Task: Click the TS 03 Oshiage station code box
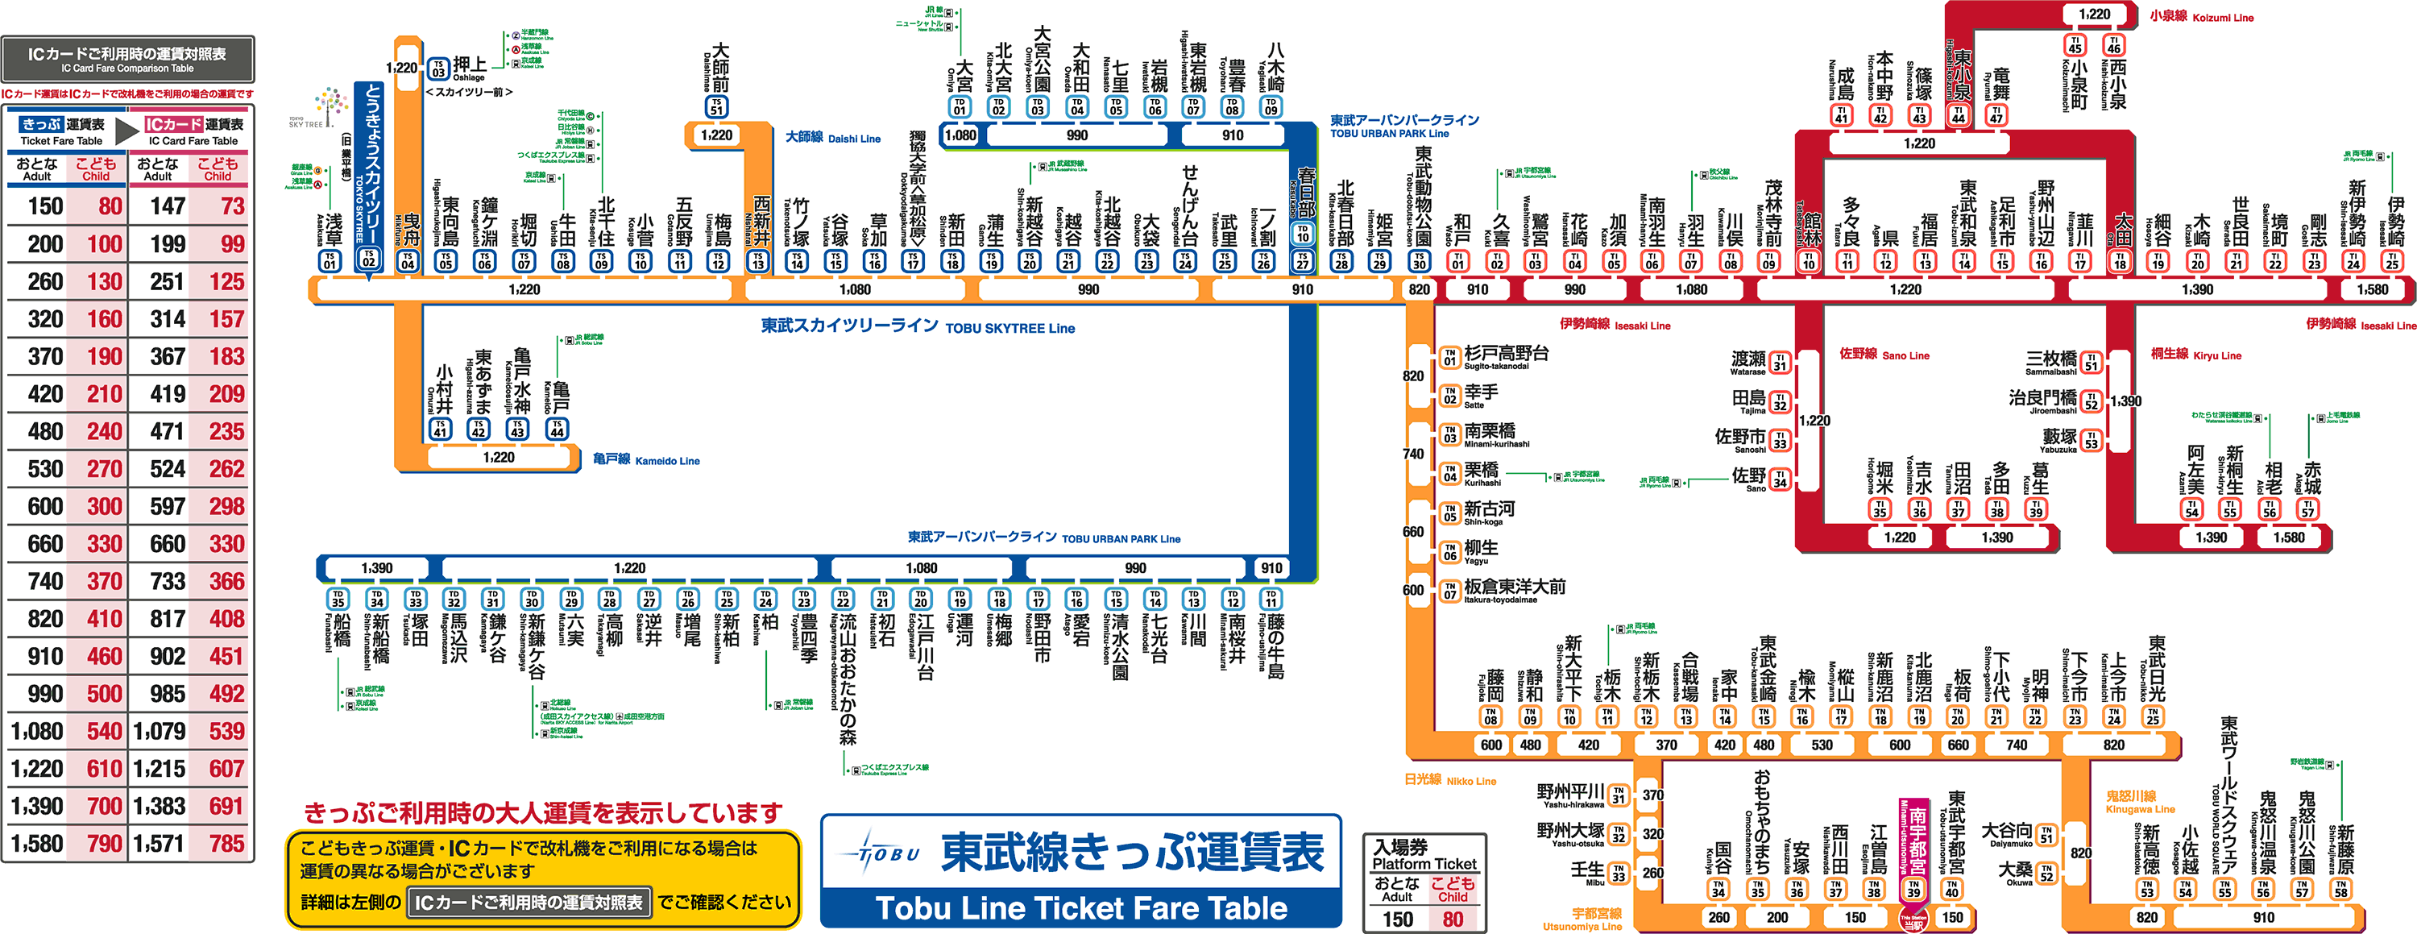click(438, 68)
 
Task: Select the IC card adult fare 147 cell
click(168, 206)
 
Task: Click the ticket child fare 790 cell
click(104, 844)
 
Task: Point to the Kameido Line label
click(646, 460)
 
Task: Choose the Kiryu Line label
click(2195, 355)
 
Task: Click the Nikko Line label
click(1449, 780)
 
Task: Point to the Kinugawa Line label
click(2139, 802)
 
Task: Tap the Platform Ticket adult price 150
click(1397, 919)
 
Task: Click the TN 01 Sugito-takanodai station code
click(1450, 357)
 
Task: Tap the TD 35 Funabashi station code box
click(338, 598)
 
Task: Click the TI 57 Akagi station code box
click(2307, 509)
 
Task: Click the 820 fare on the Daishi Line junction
click(1419, 289)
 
